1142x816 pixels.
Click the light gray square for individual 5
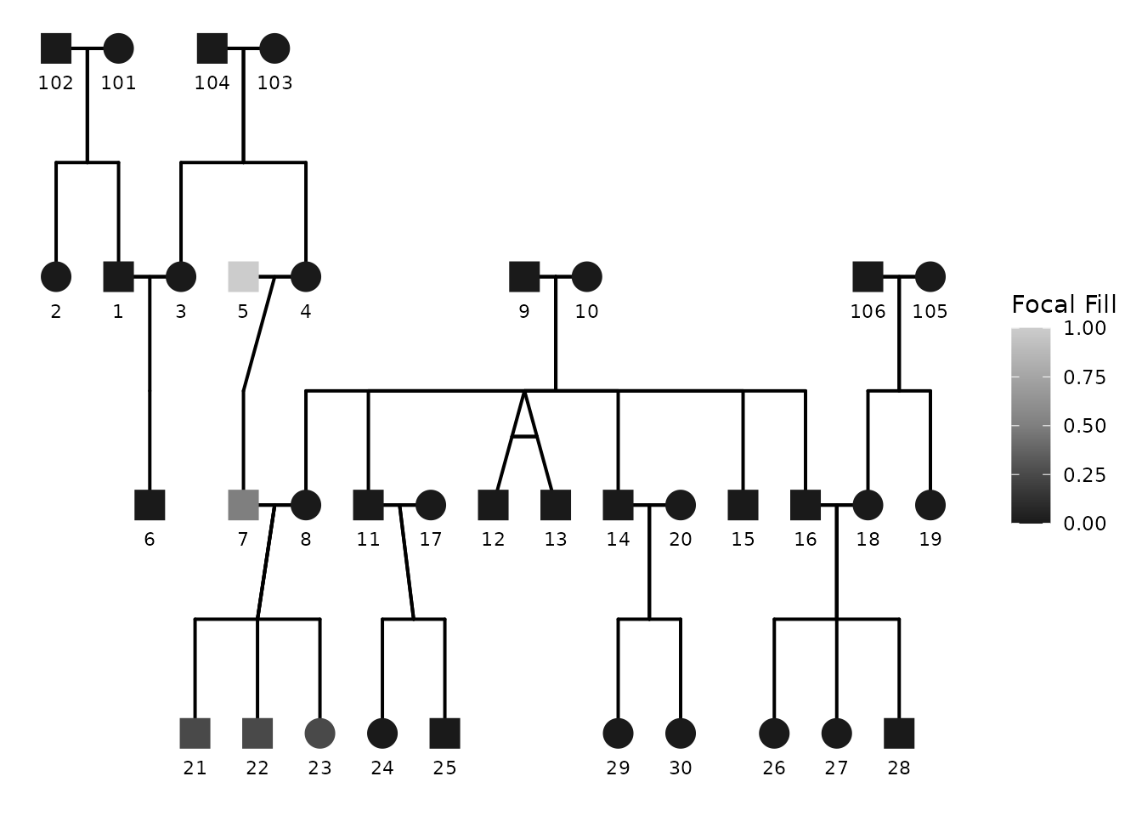point(243,276)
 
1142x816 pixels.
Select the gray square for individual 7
point(243,505)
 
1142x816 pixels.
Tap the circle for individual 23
point(319,733)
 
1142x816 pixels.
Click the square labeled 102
point(56,48)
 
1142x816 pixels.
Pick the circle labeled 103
point(274,48)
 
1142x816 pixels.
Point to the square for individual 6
point(150,505)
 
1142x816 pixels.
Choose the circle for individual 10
point(586,276)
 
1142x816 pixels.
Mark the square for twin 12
point(493,505)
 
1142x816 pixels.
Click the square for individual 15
point(743,505)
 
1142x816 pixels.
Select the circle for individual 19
point(930,505)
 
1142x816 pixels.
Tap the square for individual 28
point(899,733)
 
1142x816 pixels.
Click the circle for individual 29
point(618,733)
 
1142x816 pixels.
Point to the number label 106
point(868,311)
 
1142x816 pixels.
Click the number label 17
point(431,539)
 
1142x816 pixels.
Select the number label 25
point(444,768)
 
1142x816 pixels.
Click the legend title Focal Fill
point(1064,304)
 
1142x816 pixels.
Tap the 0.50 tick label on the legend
point(1085,426)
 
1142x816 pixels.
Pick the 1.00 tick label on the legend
point(1085,328)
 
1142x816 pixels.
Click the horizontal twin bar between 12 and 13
point(524,436)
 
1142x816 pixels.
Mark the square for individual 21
point(195,733)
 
